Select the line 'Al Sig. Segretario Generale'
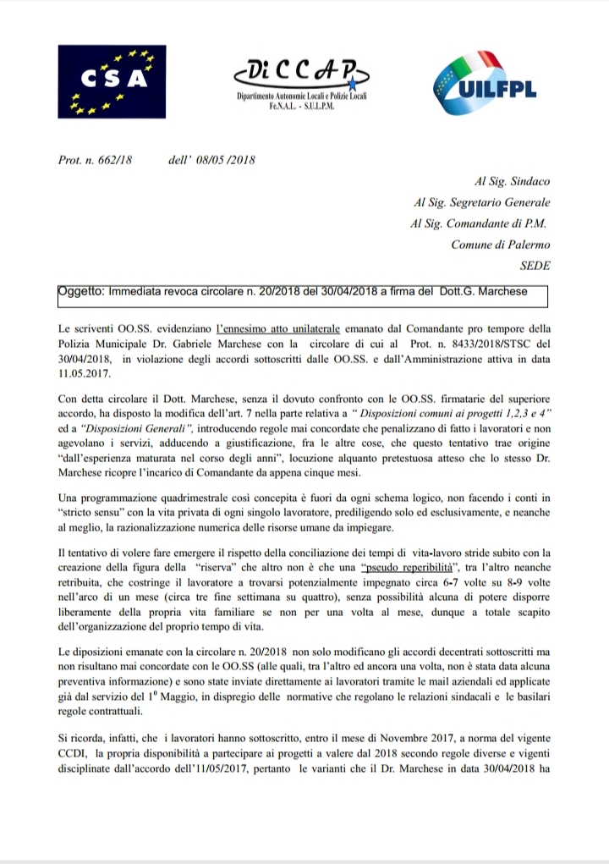tap(482, 202)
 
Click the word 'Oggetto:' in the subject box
tap(81, 292)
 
